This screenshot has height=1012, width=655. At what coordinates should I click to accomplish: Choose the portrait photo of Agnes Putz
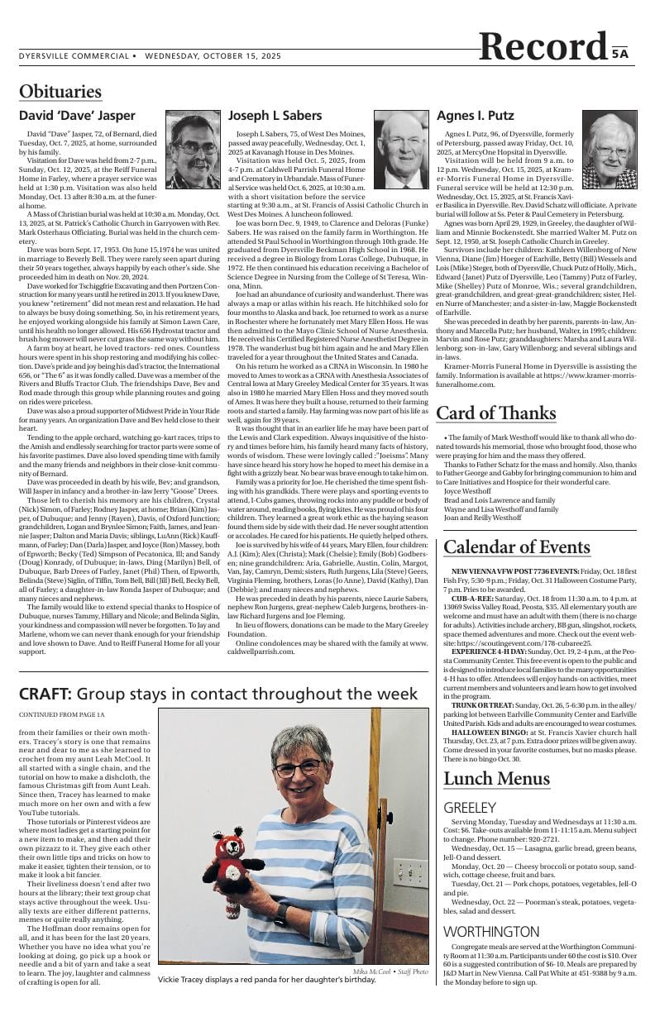pos(610,150)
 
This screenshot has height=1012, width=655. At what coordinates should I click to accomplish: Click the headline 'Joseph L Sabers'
pos(275,116)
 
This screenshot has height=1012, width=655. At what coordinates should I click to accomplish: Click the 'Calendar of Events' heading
pos(517,547)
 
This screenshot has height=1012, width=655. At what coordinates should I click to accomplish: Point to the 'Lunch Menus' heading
pos(496,778)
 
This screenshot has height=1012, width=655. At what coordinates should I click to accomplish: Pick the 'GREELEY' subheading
pos(470,807)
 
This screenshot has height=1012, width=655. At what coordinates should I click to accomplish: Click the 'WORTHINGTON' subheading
pos(491,932)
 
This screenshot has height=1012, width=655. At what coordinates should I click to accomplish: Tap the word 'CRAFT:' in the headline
pos(44,692)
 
